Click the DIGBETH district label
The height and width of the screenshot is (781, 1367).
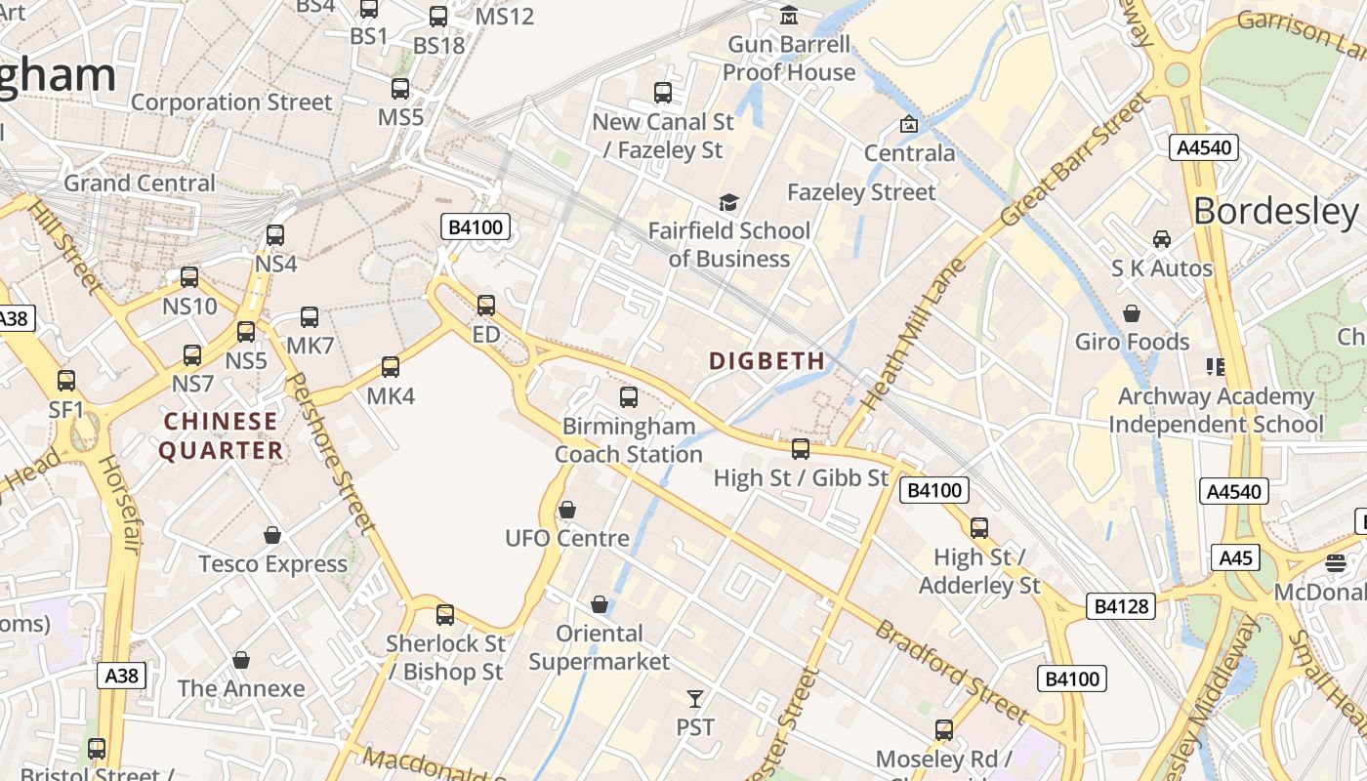click(766, 361)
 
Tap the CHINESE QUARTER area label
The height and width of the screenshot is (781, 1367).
click(222, 435)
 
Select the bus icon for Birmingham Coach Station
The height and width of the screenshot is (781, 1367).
click(629, 397)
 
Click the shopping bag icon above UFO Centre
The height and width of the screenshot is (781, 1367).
click(566, 510)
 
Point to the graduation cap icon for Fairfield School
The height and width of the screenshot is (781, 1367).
click(728, 202)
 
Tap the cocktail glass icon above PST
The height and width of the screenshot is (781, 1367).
click(694, 698)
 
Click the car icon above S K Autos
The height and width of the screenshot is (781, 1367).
click(1162, 239)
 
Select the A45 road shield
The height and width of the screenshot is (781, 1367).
click(1235, 557)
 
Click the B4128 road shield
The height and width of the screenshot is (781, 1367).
click(1120, 606)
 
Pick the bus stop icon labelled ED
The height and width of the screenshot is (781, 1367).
click(485, 306)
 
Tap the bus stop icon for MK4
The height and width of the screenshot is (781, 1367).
click(391, 367)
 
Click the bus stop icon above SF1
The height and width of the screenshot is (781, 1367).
click(66, 381)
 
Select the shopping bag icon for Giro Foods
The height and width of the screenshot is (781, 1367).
click(1132, 313)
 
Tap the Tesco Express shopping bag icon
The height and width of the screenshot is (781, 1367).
click(272, 535)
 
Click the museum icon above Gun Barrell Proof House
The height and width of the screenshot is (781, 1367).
click(788, 16)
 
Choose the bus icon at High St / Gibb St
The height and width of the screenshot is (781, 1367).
click(801, 448)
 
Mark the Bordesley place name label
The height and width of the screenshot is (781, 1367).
click(1275, 211)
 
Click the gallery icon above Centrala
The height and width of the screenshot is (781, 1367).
click(909, 124)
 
